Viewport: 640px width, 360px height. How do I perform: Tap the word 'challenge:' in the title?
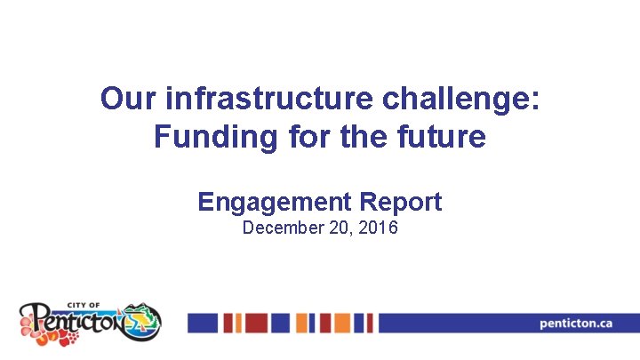460,99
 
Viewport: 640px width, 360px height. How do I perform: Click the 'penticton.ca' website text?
576,323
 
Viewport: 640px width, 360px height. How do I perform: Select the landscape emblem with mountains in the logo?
142,319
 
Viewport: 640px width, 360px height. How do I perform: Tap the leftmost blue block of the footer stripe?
203,323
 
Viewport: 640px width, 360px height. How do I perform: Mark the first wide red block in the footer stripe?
256,323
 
